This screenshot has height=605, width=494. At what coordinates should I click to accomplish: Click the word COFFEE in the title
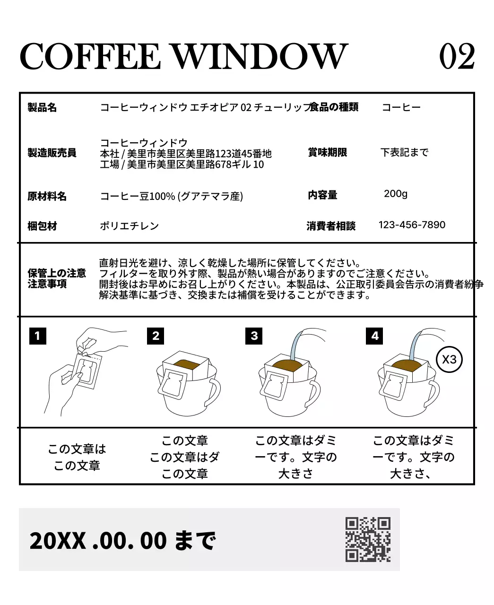[90, 56]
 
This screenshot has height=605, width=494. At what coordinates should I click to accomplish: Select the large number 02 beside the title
[457, 56]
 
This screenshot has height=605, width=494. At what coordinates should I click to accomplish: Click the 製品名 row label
[42, 108]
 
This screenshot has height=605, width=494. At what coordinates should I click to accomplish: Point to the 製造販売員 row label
[52, 153]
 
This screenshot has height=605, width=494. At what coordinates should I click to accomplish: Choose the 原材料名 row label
[47, 197]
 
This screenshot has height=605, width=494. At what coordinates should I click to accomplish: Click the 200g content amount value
[396, 194]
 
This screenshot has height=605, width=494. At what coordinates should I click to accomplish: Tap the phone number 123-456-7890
[412, 225]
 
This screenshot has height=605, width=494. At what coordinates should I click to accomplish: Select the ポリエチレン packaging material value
[129, 226]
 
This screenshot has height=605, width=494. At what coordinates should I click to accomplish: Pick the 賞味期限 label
[327, 152]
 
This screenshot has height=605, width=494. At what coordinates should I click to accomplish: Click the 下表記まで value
[405, 152]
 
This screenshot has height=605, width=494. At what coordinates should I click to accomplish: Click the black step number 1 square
[37, 336]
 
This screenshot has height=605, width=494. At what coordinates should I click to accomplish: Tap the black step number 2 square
[156, 336]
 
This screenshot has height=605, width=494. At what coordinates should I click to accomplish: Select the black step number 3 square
[254, 336]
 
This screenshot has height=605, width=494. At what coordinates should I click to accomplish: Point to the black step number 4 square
[374, 336]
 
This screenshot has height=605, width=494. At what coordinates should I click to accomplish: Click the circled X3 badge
[449, 359]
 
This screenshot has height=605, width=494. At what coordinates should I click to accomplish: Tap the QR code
[368, 539]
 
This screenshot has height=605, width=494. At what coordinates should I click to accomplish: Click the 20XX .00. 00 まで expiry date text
[122, 540]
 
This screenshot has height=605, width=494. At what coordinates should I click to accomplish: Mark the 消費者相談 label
[331, 226]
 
